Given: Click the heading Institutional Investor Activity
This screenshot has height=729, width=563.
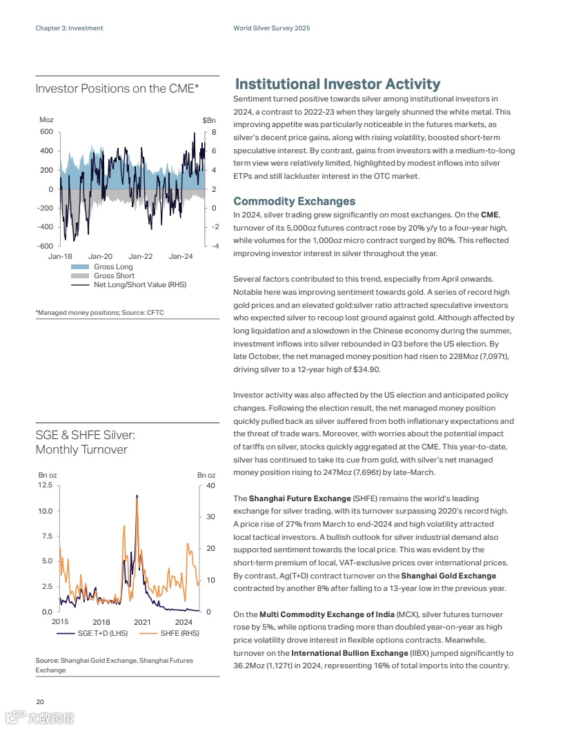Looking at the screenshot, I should [337, 84].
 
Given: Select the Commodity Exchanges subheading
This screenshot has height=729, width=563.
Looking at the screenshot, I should [294, 201].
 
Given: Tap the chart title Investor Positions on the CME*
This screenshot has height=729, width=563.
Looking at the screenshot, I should [117, 88].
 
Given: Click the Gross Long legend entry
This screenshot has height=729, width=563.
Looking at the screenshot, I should [113, 266].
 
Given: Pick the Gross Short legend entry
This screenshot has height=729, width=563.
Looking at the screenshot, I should [114, 275].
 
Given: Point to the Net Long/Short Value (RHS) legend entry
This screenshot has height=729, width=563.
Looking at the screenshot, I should [139, 284].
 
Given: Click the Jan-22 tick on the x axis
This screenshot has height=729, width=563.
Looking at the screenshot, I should [141, 257].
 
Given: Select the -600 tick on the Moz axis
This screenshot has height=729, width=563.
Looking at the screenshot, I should [45, 246].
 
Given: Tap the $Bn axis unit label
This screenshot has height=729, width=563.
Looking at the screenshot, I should [209, 120].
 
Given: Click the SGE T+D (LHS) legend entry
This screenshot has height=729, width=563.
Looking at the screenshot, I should [102, 633].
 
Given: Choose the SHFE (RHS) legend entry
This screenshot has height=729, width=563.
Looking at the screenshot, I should [179, 633].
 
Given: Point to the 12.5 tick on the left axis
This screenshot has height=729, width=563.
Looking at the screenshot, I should [45, 485].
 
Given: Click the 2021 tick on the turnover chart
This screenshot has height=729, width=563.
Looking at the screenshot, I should [142, 622].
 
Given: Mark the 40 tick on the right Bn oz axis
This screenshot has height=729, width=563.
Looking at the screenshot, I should [210, 485].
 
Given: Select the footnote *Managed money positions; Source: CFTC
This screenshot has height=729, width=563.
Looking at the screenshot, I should [99, 313].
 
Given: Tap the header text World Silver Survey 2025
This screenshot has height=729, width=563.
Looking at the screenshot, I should [271, 28].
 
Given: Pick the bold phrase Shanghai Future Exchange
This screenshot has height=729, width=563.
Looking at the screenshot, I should [299, 498].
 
